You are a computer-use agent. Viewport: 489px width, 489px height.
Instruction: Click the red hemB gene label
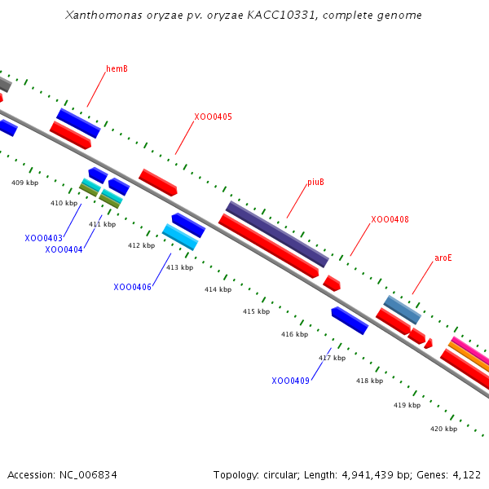point(117,68)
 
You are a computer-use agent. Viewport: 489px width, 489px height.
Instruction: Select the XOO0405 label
point(214,117)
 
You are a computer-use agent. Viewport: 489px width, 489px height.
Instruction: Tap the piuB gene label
point(315,182)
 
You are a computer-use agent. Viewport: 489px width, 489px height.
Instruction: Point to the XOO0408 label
point(390,219)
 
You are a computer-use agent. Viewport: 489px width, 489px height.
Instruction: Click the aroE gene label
point(443,258)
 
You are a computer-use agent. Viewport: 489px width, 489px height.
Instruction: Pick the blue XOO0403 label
point(44,238)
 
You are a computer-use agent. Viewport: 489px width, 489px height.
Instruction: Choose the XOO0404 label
point(64,250)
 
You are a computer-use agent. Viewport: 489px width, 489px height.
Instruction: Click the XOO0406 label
point(133,287)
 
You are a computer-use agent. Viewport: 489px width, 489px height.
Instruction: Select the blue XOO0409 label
point(291,381)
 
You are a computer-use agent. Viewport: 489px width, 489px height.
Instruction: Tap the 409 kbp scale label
point(25,183)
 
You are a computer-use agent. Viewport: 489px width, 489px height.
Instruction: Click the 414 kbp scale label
point(218,289)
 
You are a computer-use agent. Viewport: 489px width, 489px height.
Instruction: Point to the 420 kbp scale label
point(444,429)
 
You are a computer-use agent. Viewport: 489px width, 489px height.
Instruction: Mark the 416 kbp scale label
point(295,334)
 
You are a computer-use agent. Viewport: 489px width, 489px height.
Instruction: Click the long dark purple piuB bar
point(277,234)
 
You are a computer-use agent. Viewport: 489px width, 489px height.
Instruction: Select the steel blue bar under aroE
point(403,310)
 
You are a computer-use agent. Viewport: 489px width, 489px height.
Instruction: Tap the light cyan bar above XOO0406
point(180,237)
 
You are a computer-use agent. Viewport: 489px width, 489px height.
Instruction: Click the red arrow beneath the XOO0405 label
point(158,183)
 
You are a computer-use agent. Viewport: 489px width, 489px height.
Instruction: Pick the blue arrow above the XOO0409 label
point(350,320)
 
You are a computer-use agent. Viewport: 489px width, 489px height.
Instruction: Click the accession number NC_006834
point(88,475)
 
